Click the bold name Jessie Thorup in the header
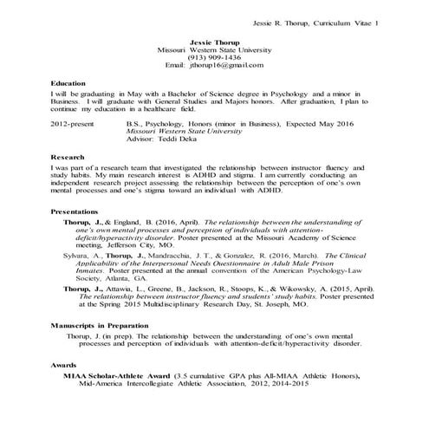pos(214,41)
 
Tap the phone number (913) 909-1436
pos(214,57)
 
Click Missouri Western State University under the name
pos(214,49)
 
